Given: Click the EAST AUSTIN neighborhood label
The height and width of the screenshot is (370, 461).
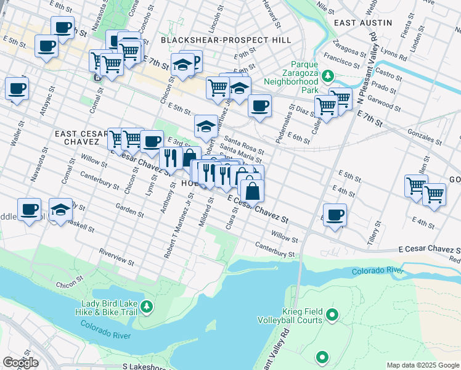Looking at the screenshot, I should point(362,22).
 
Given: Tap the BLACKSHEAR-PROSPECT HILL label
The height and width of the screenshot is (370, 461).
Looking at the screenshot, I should point(217,40).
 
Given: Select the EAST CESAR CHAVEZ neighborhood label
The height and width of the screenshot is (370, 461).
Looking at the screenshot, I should point(77,138).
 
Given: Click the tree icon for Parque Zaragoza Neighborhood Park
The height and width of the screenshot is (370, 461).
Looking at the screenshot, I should point(328,75).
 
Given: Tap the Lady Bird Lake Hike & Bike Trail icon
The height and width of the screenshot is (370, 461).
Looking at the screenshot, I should point(146,305).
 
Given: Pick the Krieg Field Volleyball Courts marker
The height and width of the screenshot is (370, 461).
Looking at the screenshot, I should point(332,316).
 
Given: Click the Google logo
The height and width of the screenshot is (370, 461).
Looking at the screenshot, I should point(21,362).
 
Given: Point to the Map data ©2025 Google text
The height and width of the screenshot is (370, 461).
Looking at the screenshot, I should point(422,365).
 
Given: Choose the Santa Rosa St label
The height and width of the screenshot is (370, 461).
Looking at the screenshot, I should point(243,145).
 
